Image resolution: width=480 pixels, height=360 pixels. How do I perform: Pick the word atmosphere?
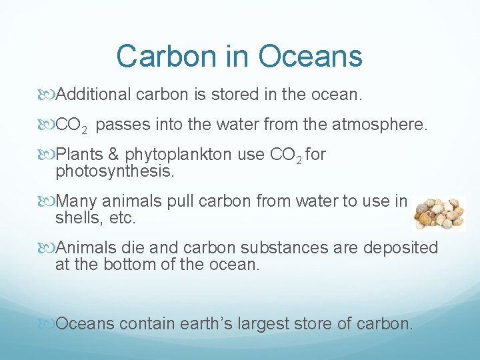pos(373,124)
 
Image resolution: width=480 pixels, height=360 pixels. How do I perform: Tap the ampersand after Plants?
pos(113,155)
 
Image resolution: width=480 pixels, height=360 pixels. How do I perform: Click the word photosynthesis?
pos(115,171)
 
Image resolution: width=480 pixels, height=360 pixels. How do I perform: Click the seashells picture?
pos(439,213)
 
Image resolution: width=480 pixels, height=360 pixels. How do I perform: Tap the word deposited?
pos(400,249)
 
